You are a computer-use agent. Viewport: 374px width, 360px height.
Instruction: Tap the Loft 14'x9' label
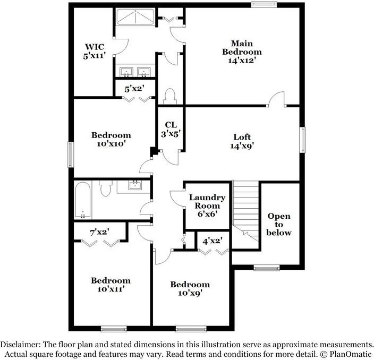coord(242,141)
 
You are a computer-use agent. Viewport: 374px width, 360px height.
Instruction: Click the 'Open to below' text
coord(279,224)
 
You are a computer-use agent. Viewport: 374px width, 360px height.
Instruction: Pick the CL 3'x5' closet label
coord(171,129)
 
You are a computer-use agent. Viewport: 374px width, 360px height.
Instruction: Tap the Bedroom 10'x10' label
coord(110,139)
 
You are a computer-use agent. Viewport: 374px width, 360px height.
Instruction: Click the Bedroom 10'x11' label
coord(110,285)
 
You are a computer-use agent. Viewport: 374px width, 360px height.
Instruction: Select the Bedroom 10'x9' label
coord(190,288)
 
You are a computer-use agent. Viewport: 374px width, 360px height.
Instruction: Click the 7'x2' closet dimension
coord(100,232)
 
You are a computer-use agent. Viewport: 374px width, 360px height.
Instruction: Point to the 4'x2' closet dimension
coord(212,241)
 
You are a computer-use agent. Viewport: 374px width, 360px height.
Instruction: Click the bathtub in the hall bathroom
coord(83,200)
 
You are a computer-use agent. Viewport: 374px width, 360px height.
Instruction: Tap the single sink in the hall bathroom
coord(135,185)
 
